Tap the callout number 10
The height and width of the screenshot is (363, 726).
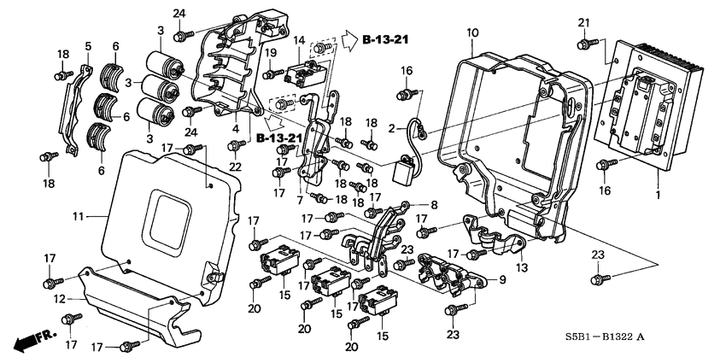coord(471,33)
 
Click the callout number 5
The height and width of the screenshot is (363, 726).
coord(87,45)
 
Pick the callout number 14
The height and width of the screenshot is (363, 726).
coord(299,40)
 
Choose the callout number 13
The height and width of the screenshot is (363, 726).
coord(522,267)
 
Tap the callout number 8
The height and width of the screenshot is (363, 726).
coord(433,204)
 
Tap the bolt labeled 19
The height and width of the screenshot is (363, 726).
coord(268,74)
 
